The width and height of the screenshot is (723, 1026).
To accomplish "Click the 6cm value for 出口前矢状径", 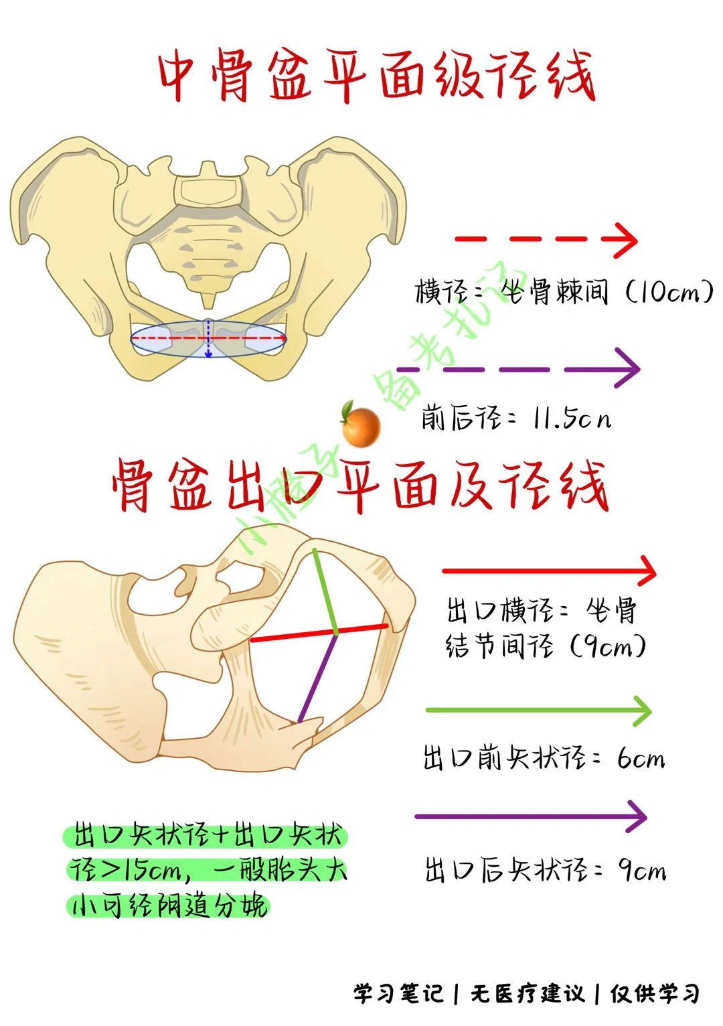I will tap(641, 759).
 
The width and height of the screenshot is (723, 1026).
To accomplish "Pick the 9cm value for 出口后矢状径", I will tap(642, 871).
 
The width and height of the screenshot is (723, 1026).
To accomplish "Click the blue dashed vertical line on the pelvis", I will tap(208, 338).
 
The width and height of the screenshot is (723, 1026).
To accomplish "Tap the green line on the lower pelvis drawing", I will tap(325, 589).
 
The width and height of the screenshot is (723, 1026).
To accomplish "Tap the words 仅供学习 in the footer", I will tap(654, 993).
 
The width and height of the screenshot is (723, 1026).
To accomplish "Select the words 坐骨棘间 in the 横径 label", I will tap(555, 293).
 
